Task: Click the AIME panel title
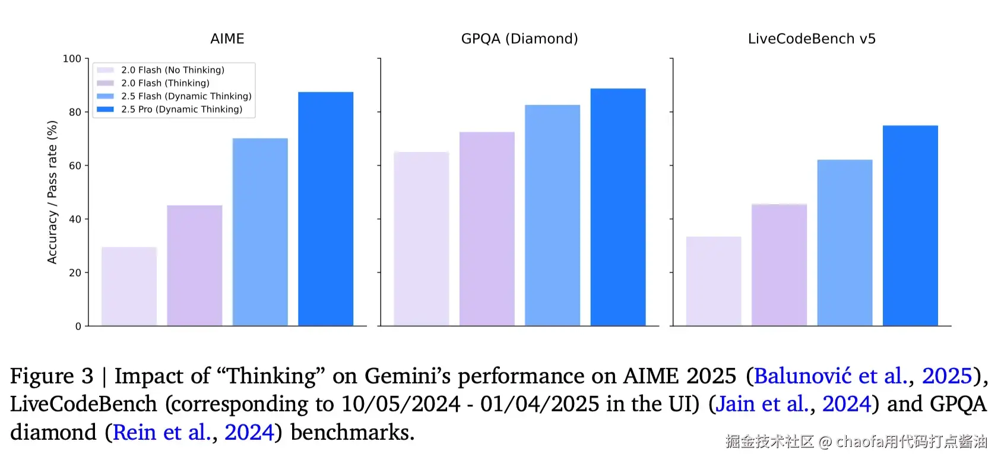click(x=227, y=39)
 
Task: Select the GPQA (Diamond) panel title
click(x=519, y=39)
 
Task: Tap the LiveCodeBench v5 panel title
click(x=811, y=39)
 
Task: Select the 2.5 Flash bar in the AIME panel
click(x=260, y=232)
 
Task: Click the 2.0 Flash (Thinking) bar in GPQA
click(x=487, y=229)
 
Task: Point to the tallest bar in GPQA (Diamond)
click(x=617, y=207)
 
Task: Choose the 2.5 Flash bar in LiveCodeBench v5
click(x=844, y=243)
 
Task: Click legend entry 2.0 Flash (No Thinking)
click(x=172, y=70)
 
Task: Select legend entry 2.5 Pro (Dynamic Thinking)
click(x=181, y=109)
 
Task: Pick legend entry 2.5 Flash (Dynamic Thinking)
click(x=186, y=96)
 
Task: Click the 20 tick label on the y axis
click(x=75, y=273)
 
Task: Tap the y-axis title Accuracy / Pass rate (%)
click(x=52, y=192)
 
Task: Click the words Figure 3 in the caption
click(x=52, y=376)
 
